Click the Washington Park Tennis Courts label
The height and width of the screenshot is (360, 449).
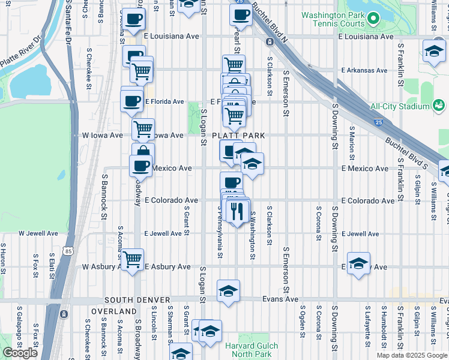point(333,19)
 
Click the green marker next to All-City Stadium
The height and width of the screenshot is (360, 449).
point(439,106)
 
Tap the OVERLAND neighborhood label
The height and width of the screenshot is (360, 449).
point(113,311)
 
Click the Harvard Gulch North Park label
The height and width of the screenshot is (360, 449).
point(252,350)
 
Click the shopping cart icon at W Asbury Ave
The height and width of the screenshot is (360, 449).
point(132,259)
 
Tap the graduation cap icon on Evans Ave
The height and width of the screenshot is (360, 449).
point(228,291)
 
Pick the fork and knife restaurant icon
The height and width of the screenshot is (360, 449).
point(238,211)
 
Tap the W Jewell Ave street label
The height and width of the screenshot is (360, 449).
point(38,233)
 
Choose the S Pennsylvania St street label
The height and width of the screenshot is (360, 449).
point(220,235)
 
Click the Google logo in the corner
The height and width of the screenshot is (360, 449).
point(20,353)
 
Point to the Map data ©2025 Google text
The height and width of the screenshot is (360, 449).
point(411,355)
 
